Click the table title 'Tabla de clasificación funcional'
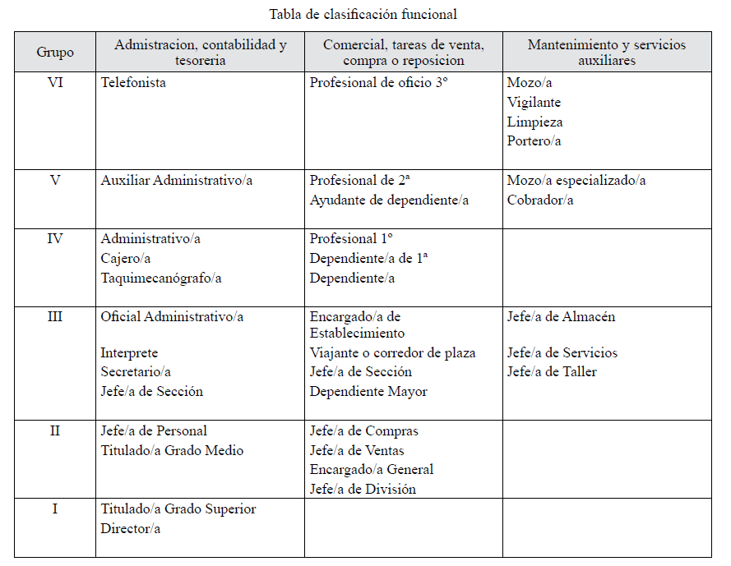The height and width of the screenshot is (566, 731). tap(363, 14)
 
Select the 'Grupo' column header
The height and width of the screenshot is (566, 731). tap(55, 52)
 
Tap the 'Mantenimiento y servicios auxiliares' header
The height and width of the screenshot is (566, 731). tap(606, 52)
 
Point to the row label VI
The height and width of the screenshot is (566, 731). tap(55, 83)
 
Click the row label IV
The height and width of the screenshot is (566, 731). tap(55, 239)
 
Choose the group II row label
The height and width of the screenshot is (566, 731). tap(55, 430)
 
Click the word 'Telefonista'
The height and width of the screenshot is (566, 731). tap(133, 83)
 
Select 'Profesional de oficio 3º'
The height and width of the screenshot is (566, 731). tap(378, 83)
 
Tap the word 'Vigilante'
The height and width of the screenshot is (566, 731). tap(534, 103)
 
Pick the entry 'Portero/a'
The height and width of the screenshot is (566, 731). tap(534, 141)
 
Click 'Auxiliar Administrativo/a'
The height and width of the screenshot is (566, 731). tap(177, 181)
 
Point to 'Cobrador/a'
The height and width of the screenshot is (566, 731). tap(540, 200)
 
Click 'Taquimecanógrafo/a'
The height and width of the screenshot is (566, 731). tap(161, 278)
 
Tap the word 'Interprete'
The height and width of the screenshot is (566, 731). tap(129, 353)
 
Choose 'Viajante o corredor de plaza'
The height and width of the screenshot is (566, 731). tap(393, 353)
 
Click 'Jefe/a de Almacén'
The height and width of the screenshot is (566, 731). tap(561, 316)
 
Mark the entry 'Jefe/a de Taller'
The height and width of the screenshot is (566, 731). tap(552, 372)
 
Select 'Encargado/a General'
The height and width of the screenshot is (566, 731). tap(372, 470)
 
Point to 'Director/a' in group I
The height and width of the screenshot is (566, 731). tap(131, 528)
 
